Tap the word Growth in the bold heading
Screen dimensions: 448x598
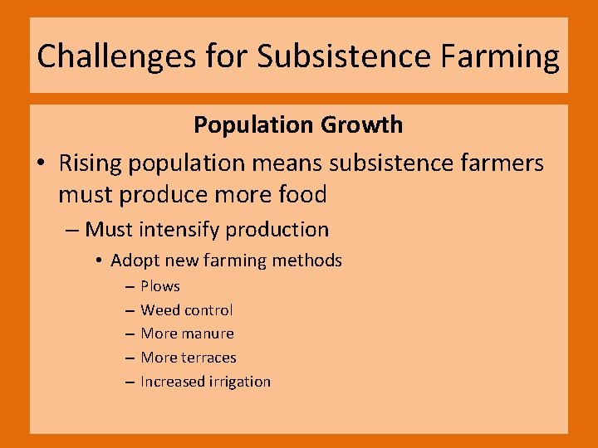(x=362, y=125)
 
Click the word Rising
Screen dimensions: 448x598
(x=90, y=163)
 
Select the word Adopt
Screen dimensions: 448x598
(x=133, y=261)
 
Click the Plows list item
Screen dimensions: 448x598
(x=160, y=286)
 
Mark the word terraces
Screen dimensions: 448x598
(x=208, y=358)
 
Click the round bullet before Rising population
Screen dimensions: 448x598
(x=41, y=163)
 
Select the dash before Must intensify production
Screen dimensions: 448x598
(x=71, y=230)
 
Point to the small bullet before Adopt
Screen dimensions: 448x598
(x=98, y=261)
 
